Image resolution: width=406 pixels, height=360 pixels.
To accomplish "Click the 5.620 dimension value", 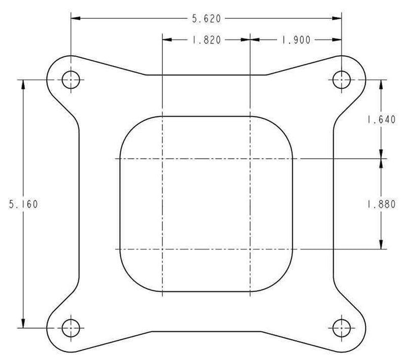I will coord(206,19).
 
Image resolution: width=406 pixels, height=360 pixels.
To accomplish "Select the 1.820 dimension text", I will coord(206,41).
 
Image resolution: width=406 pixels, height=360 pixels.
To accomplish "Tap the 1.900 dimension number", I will coord(295,41).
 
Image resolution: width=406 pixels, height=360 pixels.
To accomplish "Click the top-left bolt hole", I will coord(71,79).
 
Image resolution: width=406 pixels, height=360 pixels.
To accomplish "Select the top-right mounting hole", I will coord(341,79).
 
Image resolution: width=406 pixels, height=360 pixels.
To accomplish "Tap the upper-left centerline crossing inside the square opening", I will coord(161,159).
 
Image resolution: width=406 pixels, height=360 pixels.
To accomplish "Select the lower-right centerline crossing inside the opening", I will coord(250,249).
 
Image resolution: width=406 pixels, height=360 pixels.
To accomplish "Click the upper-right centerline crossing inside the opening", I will coord(250,159).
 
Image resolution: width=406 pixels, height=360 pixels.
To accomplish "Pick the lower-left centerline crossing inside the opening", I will coord(161,249).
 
